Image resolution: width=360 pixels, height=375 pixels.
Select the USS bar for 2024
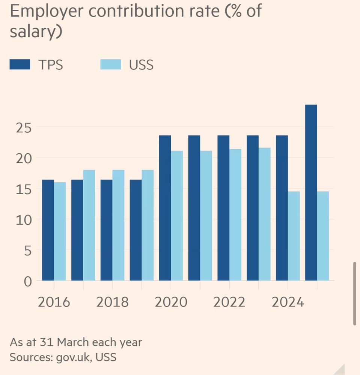pyautogui.click(x=294, y=236)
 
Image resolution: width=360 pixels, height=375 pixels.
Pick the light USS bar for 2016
pyautogui.click(x=60, y=231)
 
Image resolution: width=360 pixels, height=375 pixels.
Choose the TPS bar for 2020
pyautogui.click(x=165, y=208)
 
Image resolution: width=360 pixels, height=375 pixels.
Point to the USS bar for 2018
pyautogui.click(x=119, y=225)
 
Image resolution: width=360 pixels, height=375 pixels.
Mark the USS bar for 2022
pyautogui.click(x=235, y=214)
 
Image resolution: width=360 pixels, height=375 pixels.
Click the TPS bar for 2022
pyautogui.click(x=223, y=208)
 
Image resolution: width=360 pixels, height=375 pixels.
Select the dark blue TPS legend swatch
pyautogui.click(x=20, y=64)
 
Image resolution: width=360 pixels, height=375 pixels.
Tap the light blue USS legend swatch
pyautogui.click(x=110, y=64)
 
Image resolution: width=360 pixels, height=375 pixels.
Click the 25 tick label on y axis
pyautogui.click(x=23, y=127)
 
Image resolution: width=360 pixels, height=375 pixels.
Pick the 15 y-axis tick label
pyautogui.click(x=23, y=189)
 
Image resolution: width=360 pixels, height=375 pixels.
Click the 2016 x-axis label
pyautogui.click(x=54, y=302)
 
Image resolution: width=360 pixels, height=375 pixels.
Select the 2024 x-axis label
pyautogui.click(x=288, y=302)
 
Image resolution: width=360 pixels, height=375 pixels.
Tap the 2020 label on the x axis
pyautogui.click(x=171, y=302)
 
